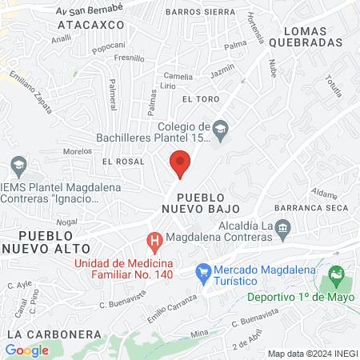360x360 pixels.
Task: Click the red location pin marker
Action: (180, 164)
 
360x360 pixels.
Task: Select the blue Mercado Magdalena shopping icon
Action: (204, 273)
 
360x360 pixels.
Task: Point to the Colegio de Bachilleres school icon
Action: (222, 126)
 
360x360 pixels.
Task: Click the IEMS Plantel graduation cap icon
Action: (18, 166)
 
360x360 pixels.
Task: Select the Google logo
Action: (26, 350)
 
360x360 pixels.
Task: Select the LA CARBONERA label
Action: (53, 334)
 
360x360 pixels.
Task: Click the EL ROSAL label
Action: (122, 161)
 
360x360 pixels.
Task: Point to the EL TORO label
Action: (200, 99)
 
